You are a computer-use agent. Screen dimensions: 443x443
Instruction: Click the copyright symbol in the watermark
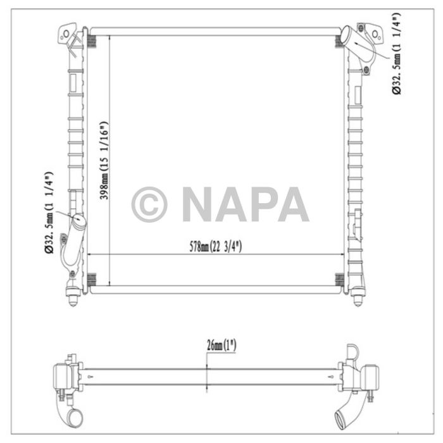pyautogui.click(x=149, y=204)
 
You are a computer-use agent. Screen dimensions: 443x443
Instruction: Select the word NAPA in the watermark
pyautogui.click(x=246, y=204)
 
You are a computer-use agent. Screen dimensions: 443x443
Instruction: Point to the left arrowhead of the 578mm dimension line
pyautogui.click(x=89, y=254)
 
